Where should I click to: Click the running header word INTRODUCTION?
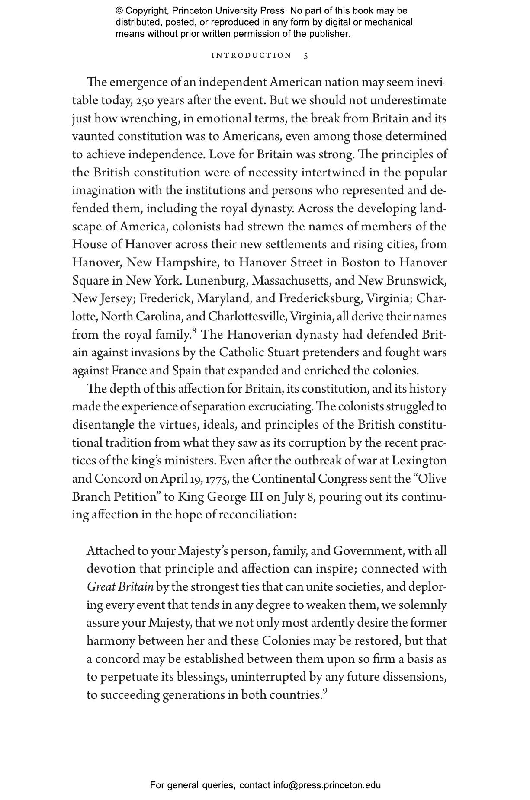[x=251, y=55]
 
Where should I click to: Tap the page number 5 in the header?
[x=306, y=56]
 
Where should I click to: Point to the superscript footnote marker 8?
[x=194, y=331]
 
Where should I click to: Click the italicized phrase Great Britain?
[x=120, y=587]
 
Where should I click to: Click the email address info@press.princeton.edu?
[x=327, y=785]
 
